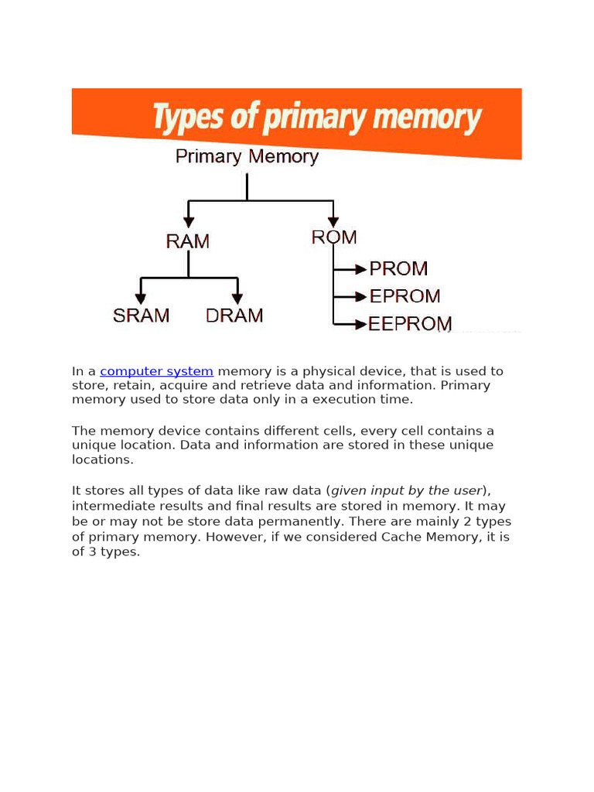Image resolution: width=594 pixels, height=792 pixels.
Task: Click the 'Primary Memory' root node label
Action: [247, 157]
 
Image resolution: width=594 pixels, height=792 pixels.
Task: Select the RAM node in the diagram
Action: [188, 241]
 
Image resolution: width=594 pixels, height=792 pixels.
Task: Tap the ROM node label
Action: [334, 237]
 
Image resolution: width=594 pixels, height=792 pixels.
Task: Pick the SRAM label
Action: [141, 316]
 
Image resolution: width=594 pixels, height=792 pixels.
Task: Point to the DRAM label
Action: [234, 316]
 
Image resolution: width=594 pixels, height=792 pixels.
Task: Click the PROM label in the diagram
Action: [398, 269]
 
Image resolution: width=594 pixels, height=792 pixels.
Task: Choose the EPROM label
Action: [405, 296]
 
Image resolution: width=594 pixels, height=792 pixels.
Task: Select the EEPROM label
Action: [410, 324]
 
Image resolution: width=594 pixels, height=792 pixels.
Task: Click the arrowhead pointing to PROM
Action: [360, 269]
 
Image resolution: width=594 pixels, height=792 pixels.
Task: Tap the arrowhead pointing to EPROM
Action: [360, 296]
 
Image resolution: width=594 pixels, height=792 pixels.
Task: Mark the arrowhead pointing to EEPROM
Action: [360, 323]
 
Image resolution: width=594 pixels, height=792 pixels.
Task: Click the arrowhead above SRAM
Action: [141, 298]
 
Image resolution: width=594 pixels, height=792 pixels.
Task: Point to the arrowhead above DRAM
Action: [237, 298]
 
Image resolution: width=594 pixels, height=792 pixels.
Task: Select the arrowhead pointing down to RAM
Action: [189, 222]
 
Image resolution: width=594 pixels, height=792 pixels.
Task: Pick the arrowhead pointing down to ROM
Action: [333, 222]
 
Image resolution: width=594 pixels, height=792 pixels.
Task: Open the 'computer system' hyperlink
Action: [156, 372]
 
